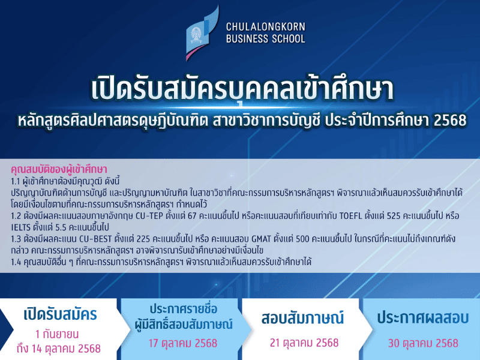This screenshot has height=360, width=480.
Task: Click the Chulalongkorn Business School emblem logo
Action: (x=202, y=33)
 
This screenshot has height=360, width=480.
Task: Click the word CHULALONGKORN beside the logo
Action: (x=266, y=27)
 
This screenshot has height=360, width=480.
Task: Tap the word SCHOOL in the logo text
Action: (x=289, y=39)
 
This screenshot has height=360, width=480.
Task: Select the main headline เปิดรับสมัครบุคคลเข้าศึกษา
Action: (x=242, y=89)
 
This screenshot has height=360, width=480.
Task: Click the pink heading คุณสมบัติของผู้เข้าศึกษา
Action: (x=59, y=169)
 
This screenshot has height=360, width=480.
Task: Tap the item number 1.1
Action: (x=16, y=182)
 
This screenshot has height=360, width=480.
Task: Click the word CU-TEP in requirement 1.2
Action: (x=149, y=216)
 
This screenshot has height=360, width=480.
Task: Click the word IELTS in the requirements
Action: (x=22, y=228)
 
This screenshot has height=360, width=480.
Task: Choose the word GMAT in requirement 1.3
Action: (x=261, y=239)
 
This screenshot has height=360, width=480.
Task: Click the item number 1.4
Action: (x=16, y=262)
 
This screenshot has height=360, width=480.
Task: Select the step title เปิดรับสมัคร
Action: (x=61, y=315)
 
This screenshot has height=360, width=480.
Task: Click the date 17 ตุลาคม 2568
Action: (x=183, y=343)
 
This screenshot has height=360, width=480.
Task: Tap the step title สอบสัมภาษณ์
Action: (x=302, y=319)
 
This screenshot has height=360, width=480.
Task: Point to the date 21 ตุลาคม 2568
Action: (x=304, y=343)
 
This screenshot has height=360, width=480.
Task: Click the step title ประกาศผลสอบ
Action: (x=423, y=318)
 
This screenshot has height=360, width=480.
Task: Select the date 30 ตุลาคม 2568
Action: (x=423, y=343)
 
